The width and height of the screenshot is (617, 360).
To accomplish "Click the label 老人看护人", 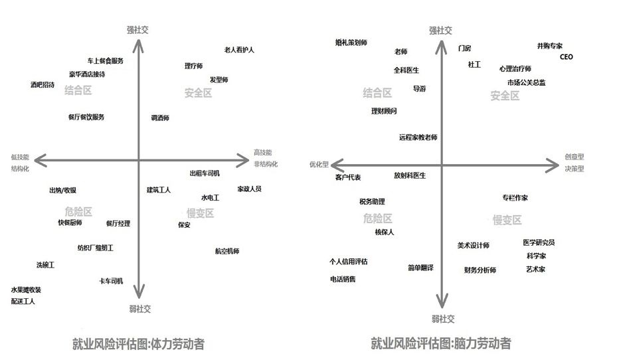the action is [239, 50].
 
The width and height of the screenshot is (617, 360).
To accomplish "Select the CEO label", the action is [566, 57].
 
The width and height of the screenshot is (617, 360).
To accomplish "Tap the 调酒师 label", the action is [160, 118].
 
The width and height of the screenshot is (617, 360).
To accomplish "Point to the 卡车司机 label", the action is [111, 281].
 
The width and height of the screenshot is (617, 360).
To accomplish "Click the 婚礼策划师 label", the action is [351, 43].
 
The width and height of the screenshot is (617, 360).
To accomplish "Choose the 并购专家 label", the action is [550, 46].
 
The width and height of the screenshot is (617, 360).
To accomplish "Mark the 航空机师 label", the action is [227, 251].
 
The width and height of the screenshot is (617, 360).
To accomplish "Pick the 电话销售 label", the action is [343, 279].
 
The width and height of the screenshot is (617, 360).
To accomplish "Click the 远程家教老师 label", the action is [418, 137].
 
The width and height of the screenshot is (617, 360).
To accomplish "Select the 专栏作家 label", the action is [515, 198].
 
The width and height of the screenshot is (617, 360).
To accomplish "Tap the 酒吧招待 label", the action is [43, 85].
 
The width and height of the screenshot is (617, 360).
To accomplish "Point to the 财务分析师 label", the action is [480, 270].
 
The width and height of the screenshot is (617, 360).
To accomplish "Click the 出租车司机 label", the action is [205, 173].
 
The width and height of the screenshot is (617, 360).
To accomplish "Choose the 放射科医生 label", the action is [410, 175].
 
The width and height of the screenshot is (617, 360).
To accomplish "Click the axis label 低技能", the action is [20, 157].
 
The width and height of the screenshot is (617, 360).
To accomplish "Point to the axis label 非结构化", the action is [265, 163].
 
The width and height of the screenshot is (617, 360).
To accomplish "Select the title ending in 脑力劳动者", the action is [440, 343].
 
